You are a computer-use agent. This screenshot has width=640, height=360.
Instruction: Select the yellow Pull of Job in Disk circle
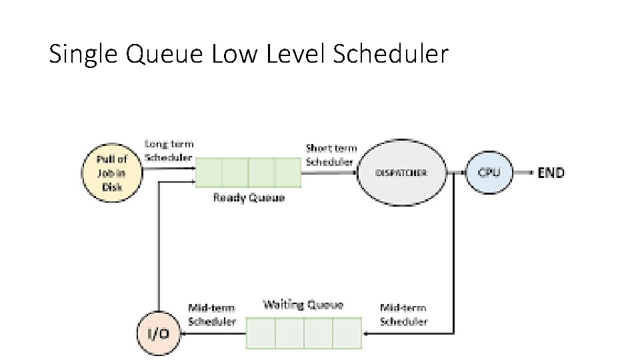112,173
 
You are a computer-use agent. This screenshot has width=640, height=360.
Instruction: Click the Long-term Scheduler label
169,151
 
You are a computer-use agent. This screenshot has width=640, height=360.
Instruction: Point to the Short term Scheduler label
331,155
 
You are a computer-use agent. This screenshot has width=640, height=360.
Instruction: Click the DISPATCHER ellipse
401,173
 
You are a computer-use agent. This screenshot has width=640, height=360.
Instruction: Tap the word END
551,173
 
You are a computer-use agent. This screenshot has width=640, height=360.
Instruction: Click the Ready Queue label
249,197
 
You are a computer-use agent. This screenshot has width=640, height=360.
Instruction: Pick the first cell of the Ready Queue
208,173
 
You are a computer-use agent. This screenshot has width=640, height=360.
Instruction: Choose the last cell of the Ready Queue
288,173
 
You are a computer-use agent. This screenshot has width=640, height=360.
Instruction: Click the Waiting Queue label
303,305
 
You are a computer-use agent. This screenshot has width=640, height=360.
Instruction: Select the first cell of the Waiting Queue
261,333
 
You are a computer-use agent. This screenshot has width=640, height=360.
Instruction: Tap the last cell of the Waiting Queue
347,333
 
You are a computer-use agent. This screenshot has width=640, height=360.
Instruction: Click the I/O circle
159,332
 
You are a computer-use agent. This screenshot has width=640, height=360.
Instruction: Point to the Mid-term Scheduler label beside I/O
211,315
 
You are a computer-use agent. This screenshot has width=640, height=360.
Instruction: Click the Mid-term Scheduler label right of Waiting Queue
403,315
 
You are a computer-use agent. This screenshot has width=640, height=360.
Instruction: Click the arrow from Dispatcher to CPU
457,173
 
